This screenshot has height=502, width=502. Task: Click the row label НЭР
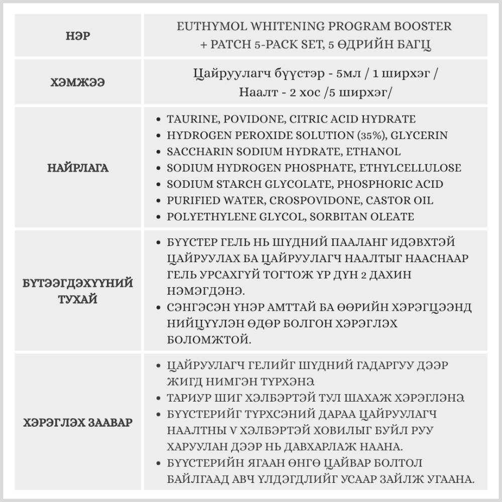78,36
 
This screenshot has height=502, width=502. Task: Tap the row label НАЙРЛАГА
78,168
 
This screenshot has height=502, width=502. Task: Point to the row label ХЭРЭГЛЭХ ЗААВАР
78,422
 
